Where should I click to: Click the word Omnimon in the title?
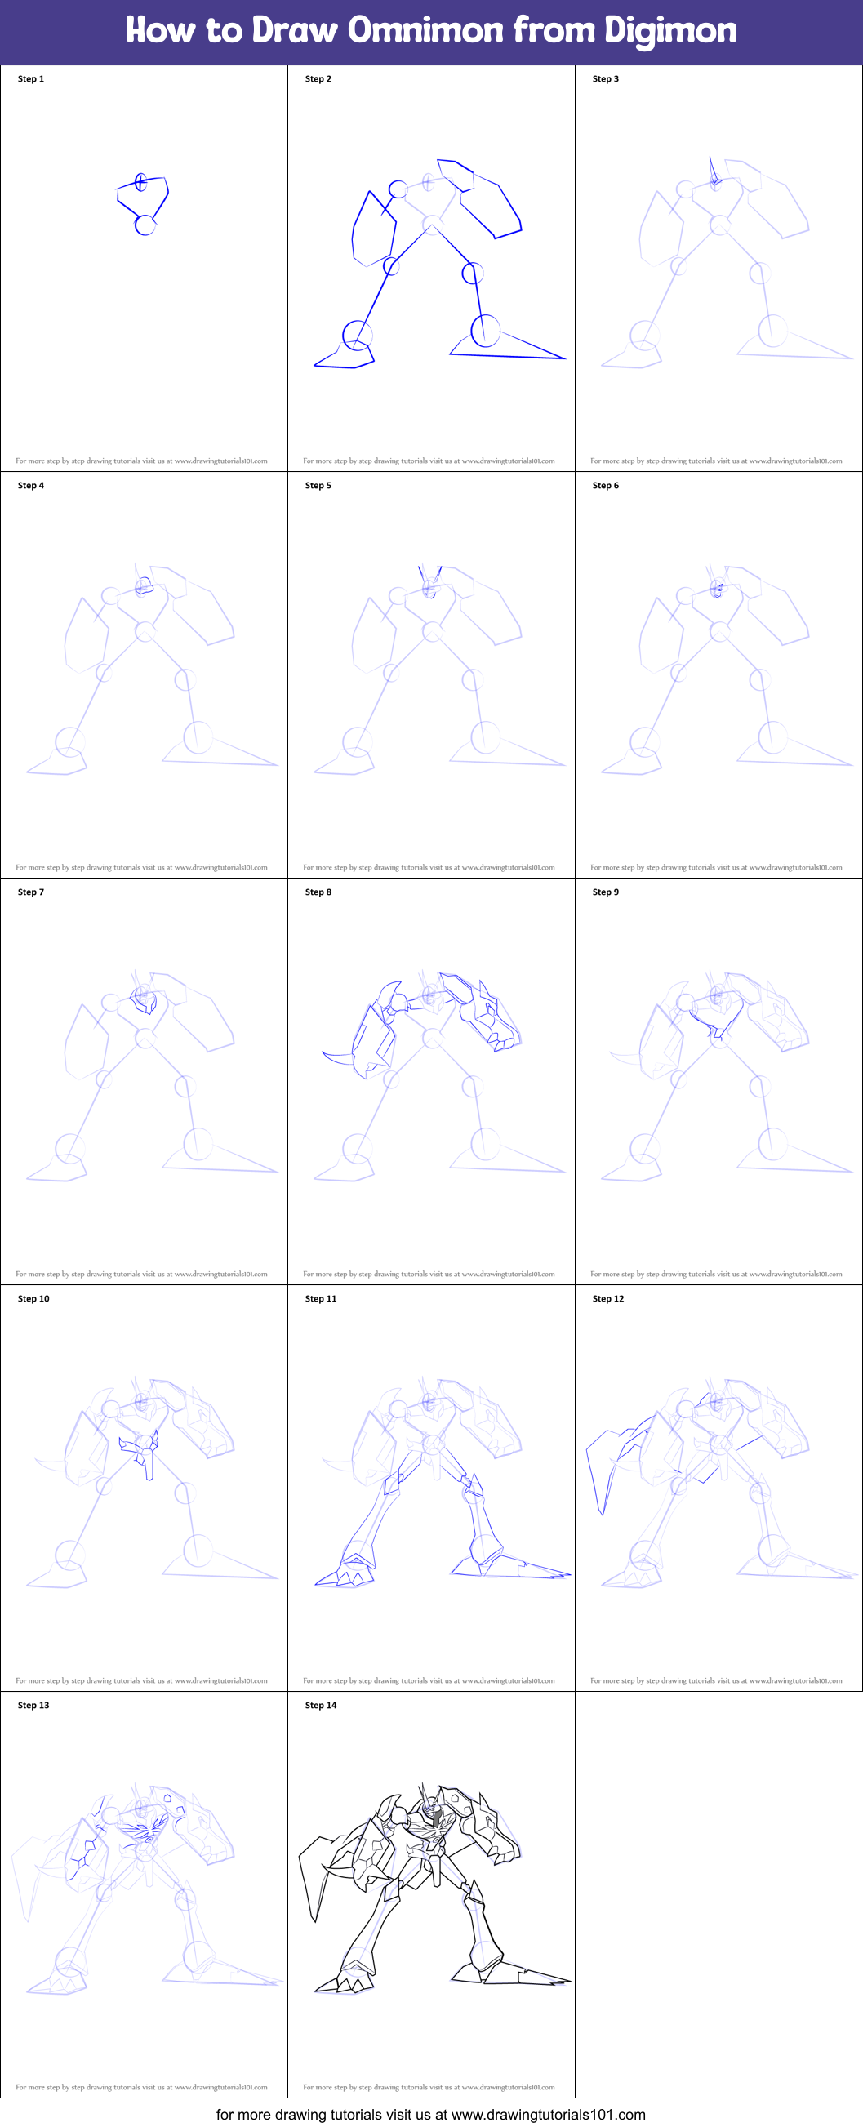[425, 30]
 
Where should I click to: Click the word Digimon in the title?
[669, 30]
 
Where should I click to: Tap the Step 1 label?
[30, 79]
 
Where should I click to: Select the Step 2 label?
[318, 79]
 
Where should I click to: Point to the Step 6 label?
[605, 486]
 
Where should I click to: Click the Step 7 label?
[30, 892]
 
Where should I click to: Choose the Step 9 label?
[605, 892]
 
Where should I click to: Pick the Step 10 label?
[33, 1299]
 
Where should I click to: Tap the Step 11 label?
[320, 1299]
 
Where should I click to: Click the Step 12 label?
[607, 1299]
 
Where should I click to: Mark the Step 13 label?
[33, 1705]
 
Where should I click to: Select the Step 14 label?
[320, 1705]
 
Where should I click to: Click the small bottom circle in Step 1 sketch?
[145, 225]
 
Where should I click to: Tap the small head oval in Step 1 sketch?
[141, 181]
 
